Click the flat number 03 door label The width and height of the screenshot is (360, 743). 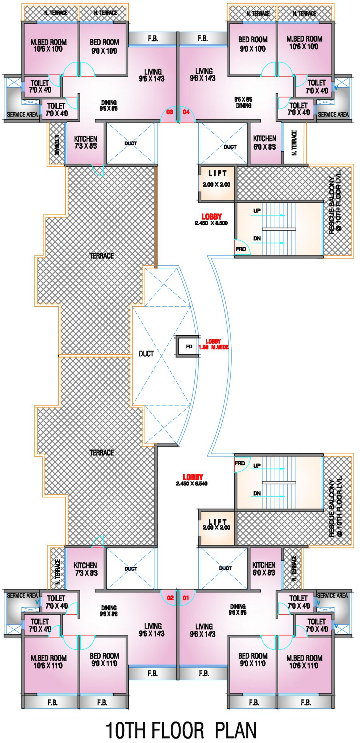pyautogui.click(x=170, y=112)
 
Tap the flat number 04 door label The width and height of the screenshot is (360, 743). pyautogui.click(x=186, y=112)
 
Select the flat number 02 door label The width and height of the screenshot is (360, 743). pyautogui.click(x=170, y=598)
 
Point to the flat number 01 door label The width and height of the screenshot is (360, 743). pyautogui.click(x=186, y=598)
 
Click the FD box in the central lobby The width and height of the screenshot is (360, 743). pyautogui.click(x=189, y=346)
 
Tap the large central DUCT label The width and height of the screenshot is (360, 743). pyautogui.click(x=146, y=354)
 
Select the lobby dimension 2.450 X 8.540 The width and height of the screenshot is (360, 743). pyautogui.click(x=192, y=483)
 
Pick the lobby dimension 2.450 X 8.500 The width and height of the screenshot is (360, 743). pyautogui.click(x=211, y=223)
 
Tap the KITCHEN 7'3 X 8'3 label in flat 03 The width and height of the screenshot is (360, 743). pyautogui.click(x=85, y=142)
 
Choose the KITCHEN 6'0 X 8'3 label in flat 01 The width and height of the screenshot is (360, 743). pyautogui.click(x=264, y=568)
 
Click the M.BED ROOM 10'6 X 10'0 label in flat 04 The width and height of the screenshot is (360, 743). pyautogui.click(x=304, y=42)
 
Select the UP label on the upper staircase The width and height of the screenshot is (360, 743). pyautogui.click(x=257, y=211)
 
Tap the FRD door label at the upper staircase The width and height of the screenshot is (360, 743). pyautogui.click(x=240, y=249)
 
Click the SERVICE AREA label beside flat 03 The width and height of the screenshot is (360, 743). pyautogui.click(x=22, y=115)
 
